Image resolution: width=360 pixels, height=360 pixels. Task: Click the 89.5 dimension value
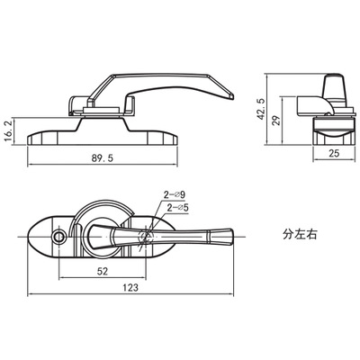[x=103, y=157]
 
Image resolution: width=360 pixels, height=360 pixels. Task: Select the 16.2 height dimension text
[x=9, y=131]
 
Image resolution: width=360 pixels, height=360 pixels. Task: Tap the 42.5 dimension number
[x=261, y=109]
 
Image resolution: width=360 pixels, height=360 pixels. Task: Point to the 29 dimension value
[x=277, y=121]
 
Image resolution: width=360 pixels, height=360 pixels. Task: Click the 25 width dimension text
[x=334, y=153]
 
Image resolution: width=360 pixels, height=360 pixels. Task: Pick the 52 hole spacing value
[x=103, y=271]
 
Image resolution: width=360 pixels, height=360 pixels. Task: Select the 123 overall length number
[x=130, y=287]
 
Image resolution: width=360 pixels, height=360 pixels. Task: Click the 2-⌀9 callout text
[x=174, y=194]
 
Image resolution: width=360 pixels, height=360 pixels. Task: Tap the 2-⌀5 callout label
[x=177, y=208]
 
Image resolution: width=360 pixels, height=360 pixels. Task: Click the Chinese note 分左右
[x=300, y=234]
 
